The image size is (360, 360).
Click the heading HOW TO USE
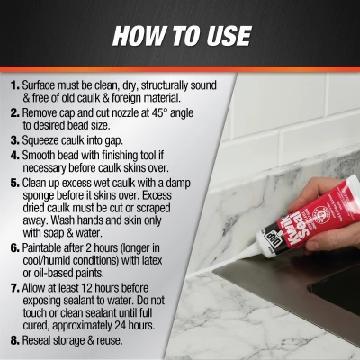[180, 36]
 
